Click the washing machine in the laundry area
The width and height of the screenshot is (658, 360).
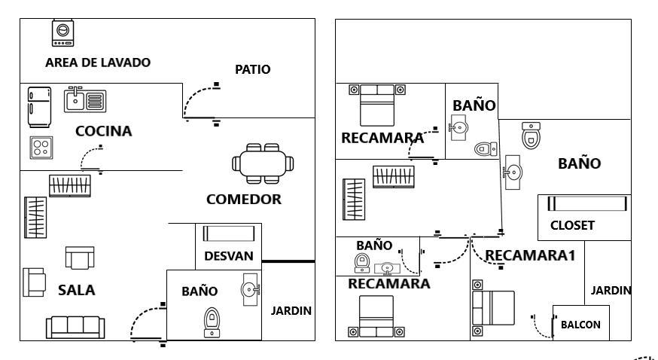pyautogui.click(x=62, y=32)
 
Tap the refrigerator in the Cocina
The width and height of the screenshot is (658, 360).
pyautogui.click(x=39, y=107)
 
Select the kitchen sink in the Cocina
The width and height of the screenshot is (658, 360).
pyautogui.click(x=85, y=100)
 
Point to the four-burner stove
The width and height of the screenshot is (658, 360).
pyautogui.click(x=41, y=148)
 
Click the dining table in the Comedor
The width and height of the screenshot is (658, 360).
pyautogui.click(x=263, y=163)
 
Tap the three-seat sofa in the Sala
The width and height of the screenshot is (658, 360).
pyautogui.click(x=75, y=328)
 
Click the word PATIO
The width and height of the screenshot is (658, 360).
pyautogui.click(x=253, y=69)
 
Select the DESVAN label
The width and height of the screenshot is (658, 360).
pyautogui.click(x=229, y=256)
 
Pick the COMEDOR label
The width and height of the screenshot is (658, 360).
pyautogui.click(x=244, y=199)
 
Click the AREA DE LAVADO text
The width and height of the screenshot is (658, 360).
pyautogui.click(x=98, y=63)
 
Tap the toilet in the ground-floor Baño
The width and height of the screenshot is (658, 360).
pyautogui.click(x=212, y=322)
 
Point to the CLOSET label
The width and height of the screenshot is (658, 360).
pyautogui.click(x=572, y=225)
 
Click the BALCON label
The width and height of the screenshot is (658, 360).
pyautogui.click(x=580, y=325)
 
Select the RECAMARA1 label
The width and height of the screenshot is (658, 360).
pyautogui.click(x=530, y=255)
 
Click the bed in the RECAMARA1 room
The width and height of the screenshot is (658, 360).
pyautogui.click(x=493, y=308)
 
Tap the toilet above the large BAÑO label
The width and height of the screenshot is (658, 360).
pyautogui.click(x=531, y=135)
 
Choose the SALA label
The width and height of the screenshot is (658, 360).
pyautogui.click(x=76, y=290)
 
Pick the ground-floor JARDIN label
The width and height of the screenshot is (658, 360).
pyautogui.click(x=291, y=311)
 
